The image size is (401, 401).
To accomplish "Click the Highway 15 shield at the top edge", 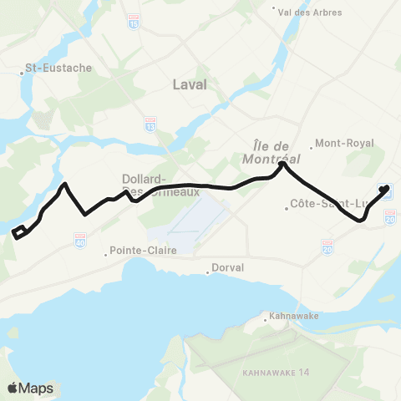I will click(135, 18).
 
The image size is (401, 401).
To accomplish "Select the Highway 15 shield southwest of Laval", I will click(150, 124).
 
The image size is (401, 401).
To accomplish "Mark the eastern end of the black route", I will click(386, 190).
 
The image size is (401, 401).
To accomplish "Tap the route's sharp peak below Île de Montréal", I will click(282, 165).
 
